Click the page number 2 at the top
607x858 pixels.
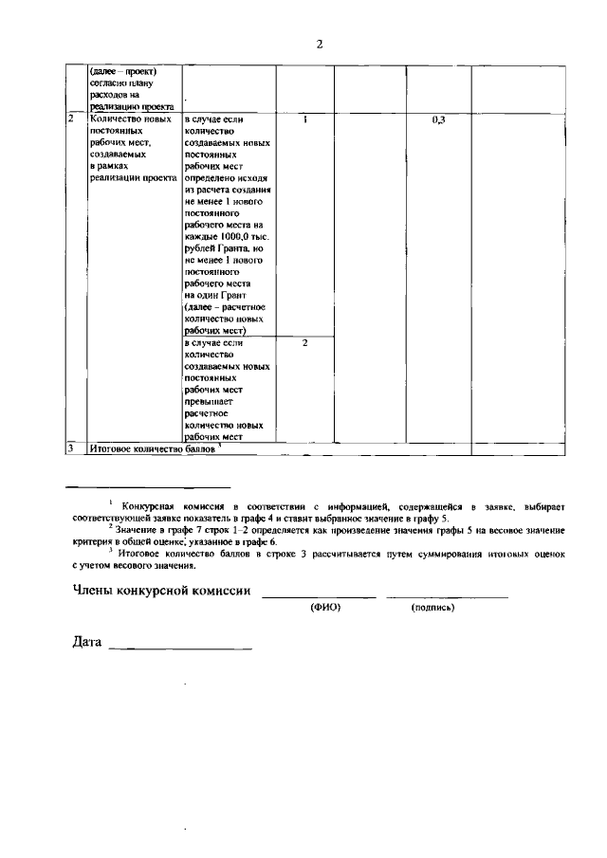(x=321, y=44)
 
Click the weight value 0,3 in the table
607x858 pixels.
(x=438, y=121)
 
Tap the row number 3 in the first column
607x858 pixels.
(x=71, y=447)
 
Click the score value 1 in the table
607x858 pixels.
(x=305, y=121)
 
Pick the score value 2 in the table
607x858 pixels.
(x=305, y=342)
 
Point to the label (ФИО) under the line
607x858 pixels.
(x=325, y=608)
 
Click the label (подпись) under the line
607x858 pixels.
(x=432, y=608)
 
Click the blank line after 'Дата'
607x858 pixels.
(x=180, y=649)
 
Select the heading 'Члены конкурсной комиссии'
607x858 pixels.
(x=162, y=592)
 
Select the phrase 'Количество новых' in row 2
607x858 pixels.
(x=130, y=120)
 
